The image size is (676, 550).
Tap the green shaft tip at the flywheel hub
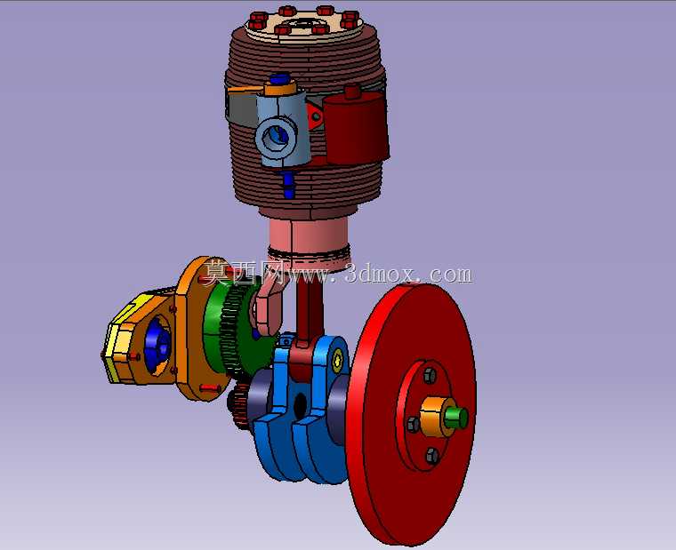coord(457,418)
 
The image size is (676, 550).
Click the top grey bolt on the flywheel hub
coord(430,375)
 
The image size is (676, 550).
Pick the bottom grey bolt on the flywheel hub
coord(431,456)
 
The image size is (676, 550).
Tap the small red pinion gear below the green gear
coord(239,405)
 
